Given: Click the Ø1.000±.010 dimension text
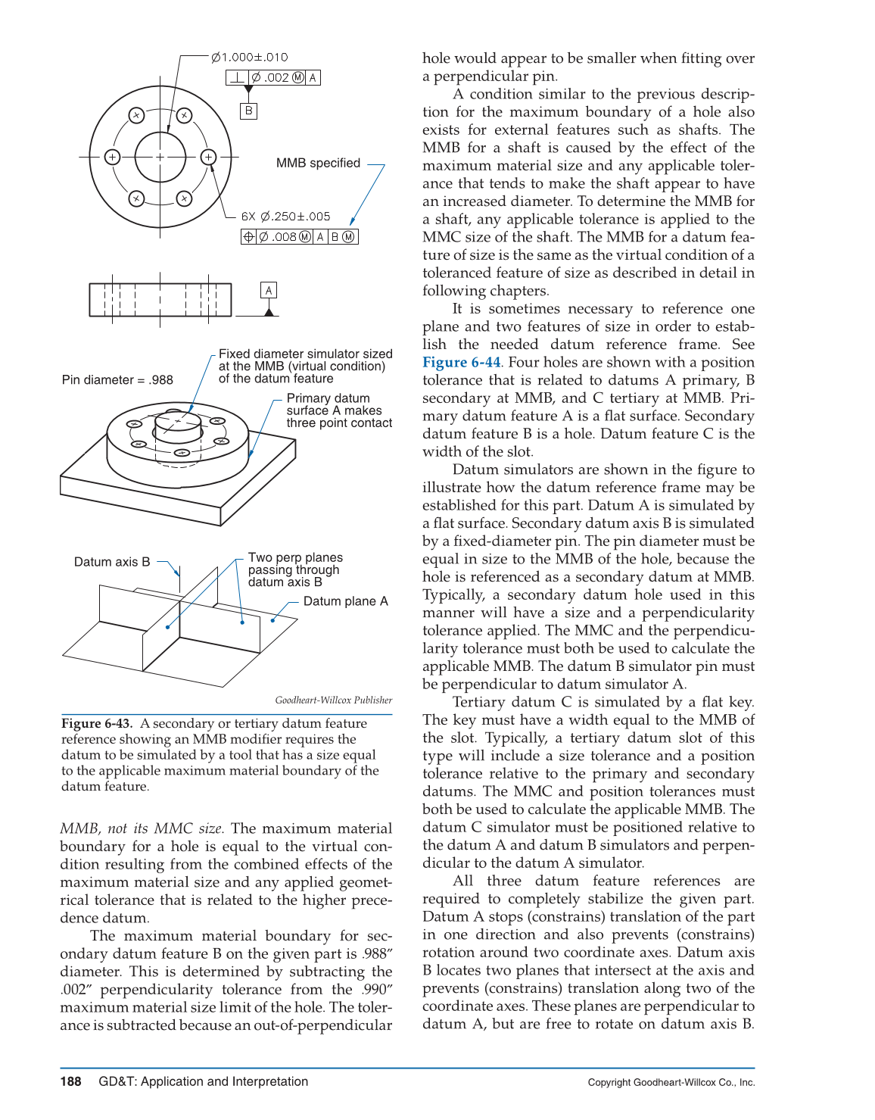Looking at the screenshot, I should (x=250, y=58).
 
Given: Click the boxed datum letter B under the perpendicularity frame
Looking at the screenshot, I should (x=248, y=111).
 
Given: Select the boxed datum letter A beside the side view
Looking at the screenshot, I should (x=269, y=290).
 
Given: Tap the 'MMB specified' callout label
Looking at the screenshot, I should (x=318, y=164).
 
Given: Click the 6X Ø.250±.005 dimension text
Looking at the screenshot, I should (x=286, y=217).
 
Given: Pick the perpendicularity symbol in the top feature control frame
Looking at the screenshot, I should (x=238, y=77).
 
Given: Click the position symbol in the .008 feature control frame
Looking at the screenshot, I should (x=248, y=237).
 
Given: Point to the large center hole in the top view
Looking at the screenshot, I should (x=160, y=158).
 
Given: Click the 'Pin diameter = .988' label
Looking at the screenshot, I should (x=117, y=380).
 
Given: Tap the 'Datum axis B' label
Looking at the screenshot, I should (x=112, y=562).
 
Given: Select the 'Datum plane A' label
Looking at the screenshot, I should (x=345, y=601).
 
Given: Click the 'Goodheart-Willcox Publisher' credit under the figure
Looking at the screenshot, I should (x=333, y=700).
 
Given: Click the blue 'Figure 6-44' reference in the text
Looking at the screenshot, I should (x=461, y=363).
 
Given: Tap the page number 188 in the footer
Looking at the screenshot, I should (x=70, y=1081).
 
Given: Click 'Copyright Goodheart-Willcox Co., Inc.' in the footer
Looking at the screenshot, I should (x=671, y=1082).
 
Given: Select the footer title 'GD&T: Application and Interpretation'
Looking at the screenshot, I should (x=203, y=1081).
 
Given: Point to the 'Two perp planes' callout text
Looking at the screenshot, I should (x=295, y=557).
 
